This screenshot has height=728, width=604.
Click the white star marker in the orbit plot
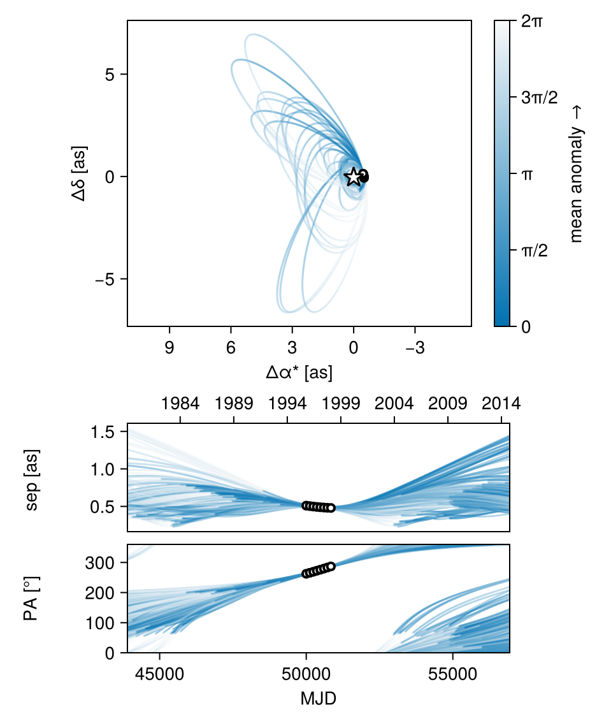(x=353, y=177)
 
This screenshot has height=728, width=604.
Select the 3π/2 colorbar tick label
(x=539, y=98)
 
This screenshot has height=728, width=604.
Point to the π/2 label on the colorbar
(x=535, y=251)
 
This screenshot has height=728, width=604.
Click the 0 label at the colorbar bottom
(x=526, y=326)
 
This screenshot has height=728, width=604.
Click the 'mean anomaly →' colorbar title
(x=577, y=173)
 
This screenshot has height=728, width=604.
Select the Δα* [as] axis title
(x=299, y=373)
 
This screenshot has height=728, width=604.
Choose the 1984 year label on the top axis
(x=180, y=404)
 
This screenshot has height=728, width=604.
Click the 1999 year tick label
(x=341, y=404)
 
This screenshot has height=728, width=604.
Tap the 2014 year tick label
(x=501, y=404)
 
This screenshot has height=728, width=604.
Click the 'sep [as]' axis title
(x=32, y=477)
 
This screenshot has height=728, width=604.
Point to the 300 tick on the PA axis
(x=107, y=563)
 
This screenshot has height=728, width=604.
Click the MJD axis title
(x=318, y=699)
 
